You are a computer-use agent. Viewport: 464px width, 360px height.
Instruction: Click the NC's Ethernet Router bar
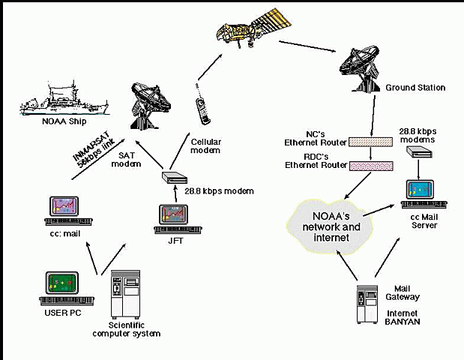(x=371, y=141)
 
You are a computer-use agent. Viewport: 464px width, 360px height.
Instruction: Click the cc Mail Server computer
(x=424, y=194)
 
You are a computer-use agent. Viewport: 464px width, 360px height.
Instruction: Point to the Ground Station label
(x=415, y=88)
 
